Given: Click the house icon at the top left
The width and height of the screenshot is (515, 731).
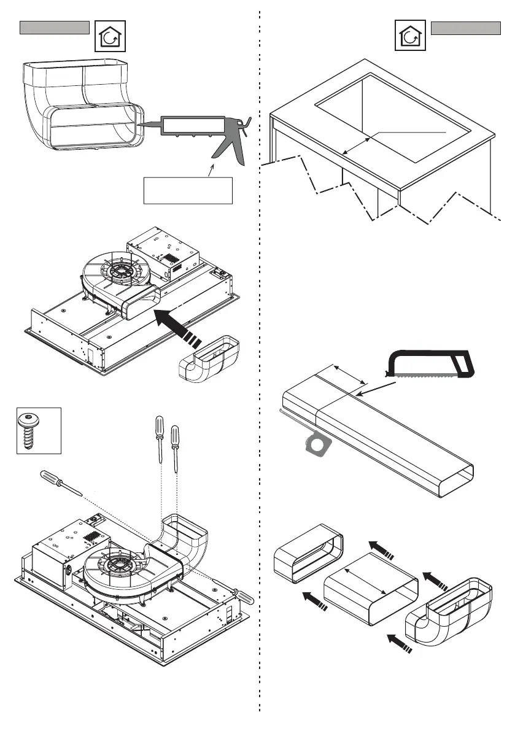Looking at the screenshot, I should pyautogui.click(x=110, y=37).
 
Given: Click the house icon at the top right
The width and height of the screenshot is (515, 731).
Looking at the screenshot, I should pyautogui.click(x=409, y=37).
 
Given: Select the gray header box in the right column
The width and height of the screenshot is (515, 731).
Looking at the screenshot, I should pyautogui.click(x=466, y=28).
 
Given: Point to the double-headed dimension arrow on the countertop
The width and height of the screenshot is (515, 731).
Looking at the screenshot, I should pyautogui.click(x=357, y=147).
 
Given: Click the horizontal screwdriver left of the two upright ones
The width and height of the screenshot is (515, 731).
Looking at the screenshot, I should pyautogui.click(x=61, y=482).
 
